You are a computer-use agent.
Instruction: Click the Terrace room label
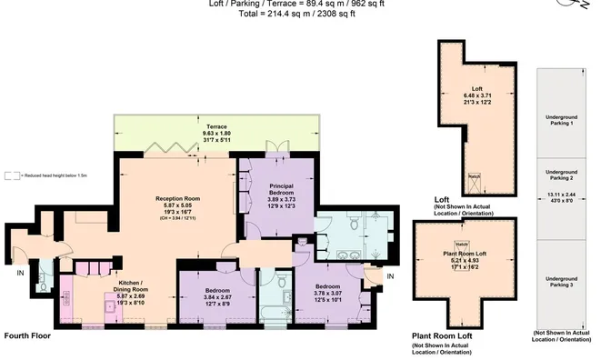pos(215,126)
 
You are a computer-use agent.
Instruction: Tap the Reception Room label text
pos(177,197)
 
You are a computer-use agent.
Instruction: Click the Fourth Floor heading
pos(25,335)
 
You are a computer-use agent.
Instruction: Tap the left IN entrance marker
pos(20,271)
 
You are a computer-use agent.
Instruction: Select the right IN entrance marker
pos(391,275)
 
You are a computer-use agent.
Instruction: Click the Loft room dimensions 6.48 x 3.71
pos(476,94)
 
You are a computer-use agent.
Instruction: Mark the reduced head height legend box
pos(10,175)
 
